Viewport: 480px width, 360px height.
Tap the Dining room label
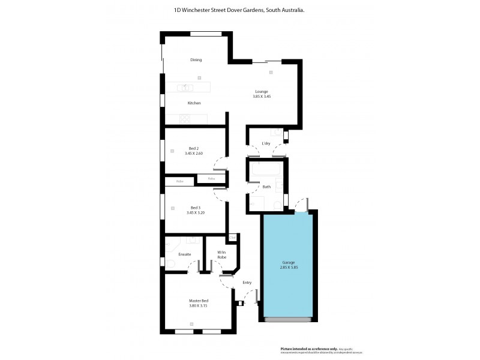tap(196, 60)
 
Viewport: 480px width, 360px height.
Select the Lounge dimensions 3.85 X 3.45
tap(262, 97)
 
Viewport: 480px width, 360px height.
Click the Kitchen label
tap(194, 103)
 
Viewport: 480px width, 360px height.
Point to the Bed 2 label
tap(193, 148)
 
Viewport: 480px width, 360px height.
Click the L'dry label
tap(266, 144)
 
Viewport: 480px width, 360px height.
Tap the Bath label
tap(266, 187)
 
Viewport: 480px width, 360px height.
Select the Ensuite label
tap(184, 254)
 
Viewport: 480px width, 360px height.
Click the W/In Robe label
tap(221, 254)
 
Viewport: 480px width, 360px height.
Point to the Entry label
tap(247, 282)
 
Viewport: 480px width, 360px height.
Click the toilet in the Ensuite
tap(170, 264)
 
